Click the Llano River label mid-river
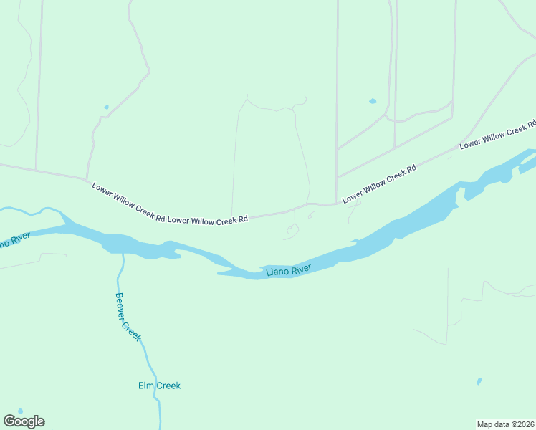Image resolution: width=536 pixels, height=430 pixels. [x=288, y=270]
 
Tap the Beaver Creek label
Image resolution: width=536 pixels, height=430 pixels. [x=128, y=316]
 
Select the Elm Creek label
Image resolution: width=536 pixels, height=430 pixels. [x=159, y=386]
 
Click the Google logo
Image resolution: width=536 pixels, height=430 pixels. [x=24, y=421]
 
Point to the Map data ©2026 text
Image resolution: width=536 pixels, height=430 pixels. [x=505, y=424]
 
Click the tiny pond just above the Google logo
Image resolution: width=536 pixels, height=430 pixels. [x=19, y=411]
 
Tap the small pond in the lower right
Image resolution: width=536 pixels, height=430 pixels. [x=479, y=382]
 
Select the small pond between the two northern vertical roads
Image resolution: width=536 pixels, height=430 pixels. [x=372, y=101]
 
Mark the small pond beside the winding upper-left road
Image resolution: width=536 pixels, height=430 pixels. [x=106, y=107]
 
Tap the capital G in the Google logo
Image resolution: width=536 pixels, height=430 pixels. [x=9, y=421]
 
